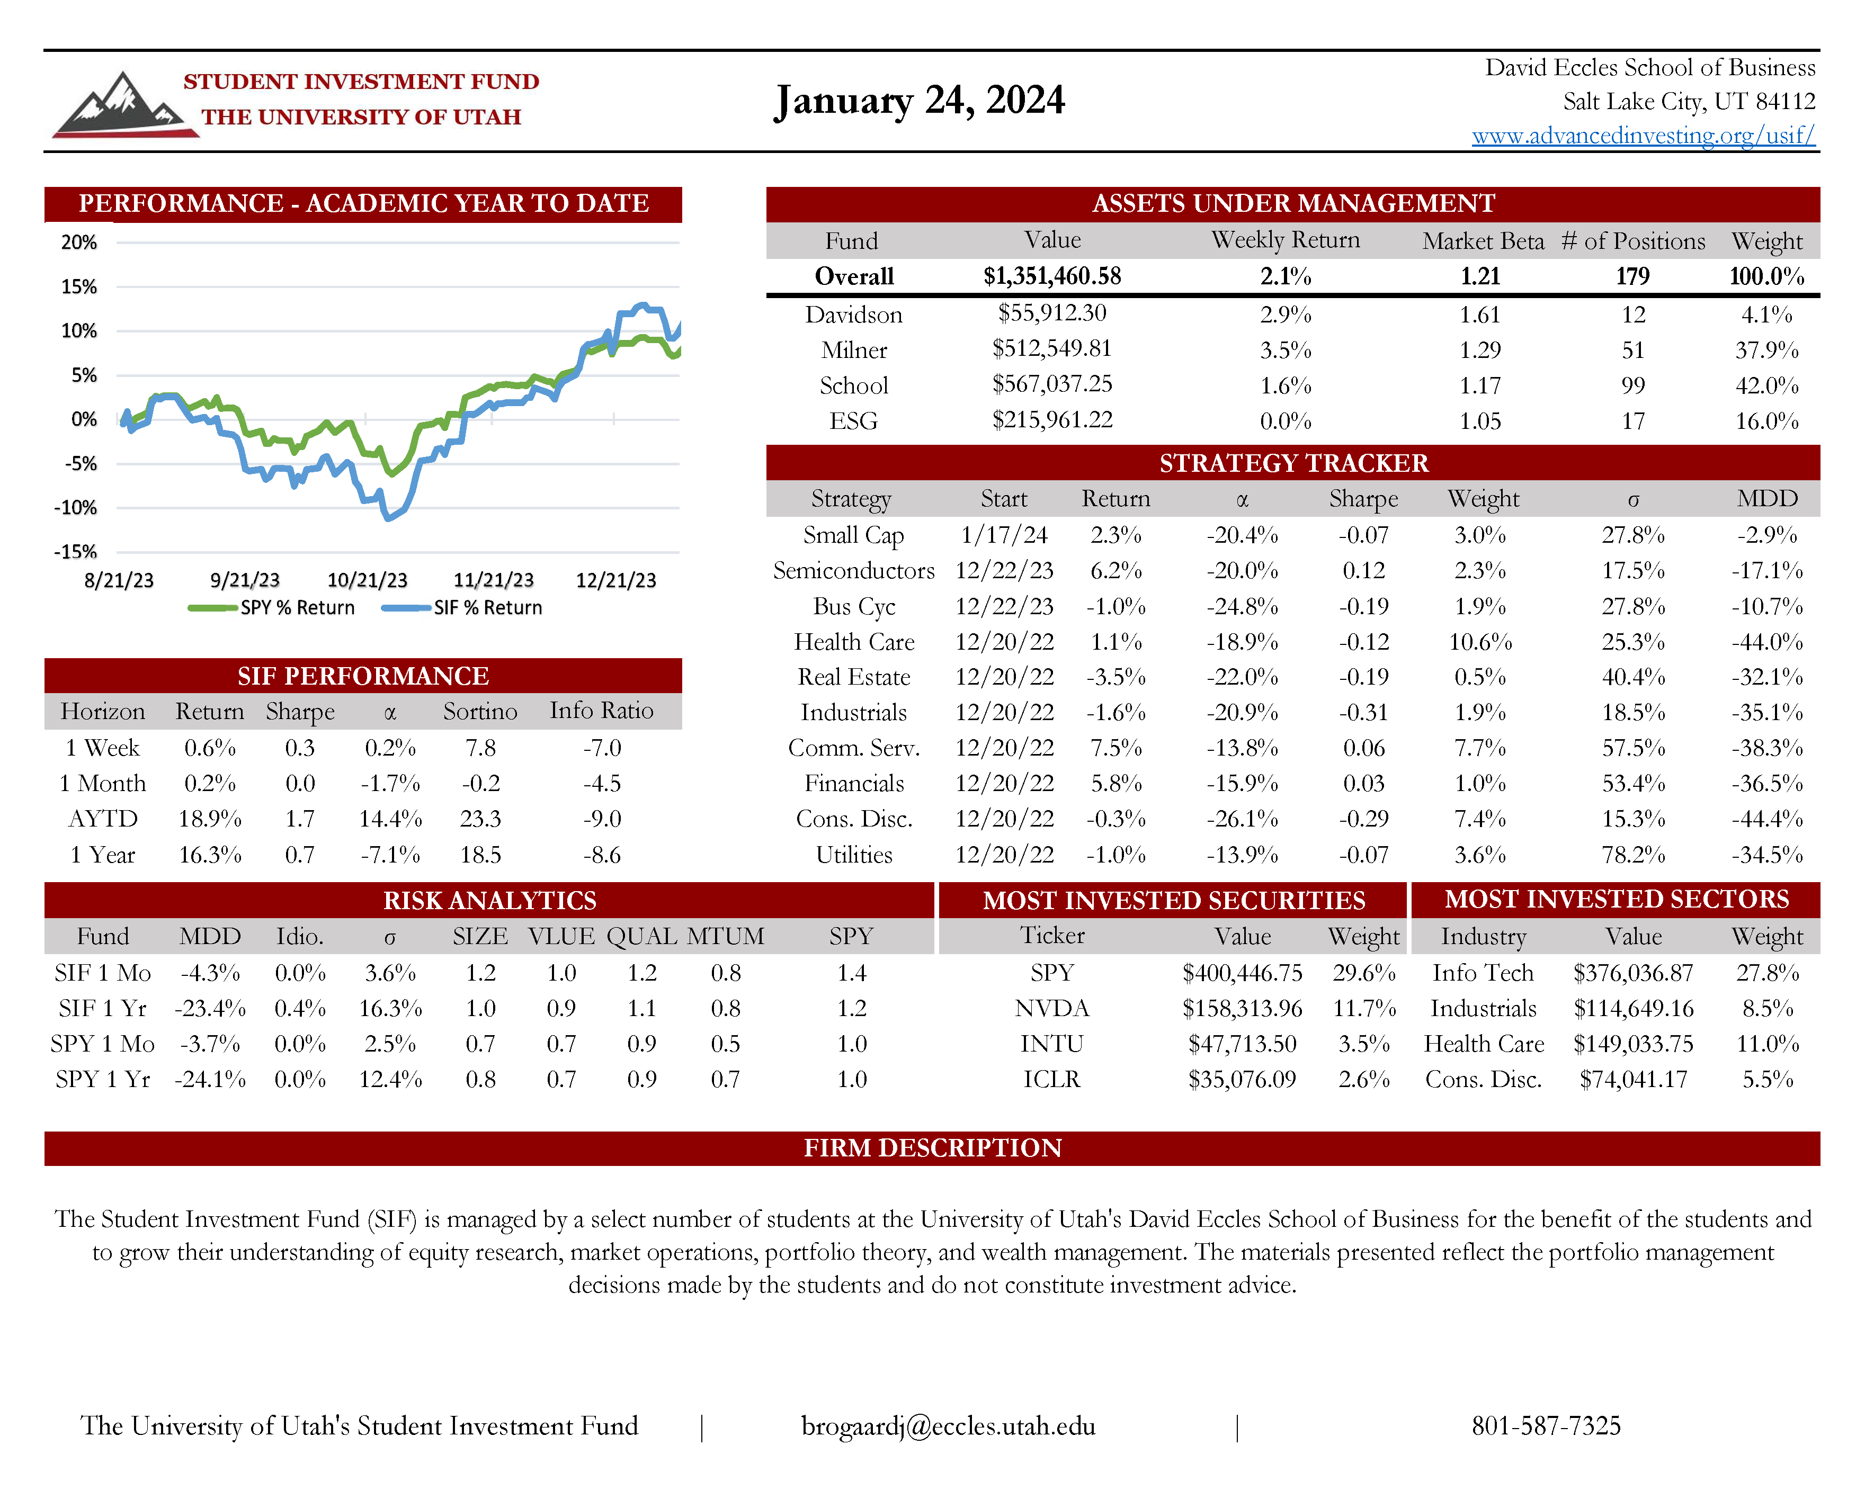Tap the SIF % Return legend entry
pos(463,607)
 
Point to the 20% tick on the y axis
pos(79,242)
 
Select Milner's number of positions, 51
pos(1632,351)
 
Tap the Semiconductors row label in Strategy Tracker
pos(854,571)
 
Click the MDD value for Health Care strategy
pos(1766,642)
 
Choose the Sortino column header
pos(480,711)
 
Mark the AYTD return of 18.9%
pos(210,818)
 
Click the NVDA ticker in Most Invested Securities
pos(1052,1009)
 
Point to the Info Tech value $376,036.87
pos(1632,973)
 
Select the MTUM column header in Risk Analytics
pos(726,937)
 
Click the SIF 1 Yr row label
pos(102,1009)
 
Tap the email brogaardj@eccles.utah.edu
pos(948,1425)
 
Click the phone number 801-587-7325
pos(1546,1425)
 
